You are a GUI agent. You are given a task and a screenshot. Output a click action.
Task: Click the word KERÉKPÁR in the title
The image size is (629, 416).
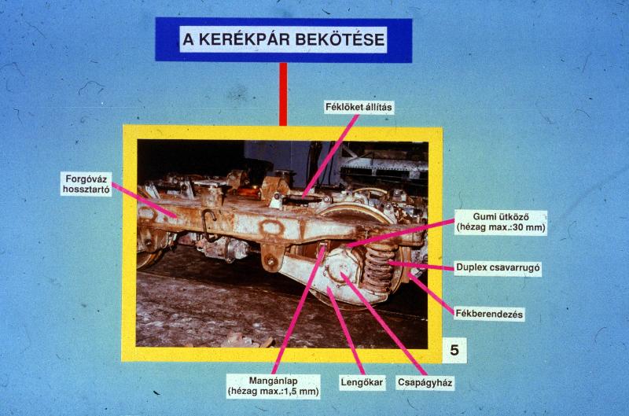coord(245,39)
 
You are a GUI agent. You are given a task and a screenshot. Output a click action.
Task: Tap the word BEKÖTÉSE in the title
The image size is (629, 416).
coord(340,39)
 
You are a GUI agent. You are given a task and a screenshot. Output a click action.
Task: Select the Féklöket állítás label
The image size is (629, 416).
coord(359,107)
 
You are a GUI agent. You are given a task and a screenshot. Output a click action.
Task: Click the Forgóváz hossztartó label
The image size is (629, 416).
coord(86,184)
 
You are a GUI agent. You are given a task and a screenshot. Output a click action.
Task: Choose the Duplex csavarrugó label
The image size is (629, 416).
coord(498,267)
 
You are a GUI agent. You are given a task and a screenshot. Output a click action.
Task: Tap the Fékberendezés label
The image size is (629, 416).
coord(489,314)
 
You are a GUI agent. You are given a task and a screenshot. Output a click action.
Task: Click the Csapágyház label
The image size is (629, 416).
coord(425,382)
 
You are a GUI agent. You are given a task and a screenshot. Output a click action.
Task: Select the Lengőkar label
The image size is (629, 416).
coord(362,382)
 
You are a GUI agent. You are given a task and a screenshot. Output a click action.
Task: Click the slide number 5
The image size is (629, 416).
coord(454,350)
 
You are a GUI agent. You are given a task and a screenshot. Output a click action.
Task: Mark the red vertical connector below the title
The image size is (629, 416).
coord(283,94)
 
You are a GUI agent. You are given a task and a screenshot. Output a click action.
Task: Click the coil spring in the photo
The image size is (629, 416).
coord(378,267)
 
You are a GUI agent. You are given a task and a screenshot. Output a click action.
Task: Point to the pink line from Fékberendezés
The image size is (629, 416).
coord(431,293)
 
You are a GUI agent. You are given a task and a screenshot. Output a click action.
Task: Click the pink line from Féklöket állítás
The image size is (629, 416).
coord(330,156)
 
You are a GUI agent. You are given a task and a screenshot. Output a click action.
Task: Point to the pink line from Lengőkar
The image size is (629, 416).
coord(346,331)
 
